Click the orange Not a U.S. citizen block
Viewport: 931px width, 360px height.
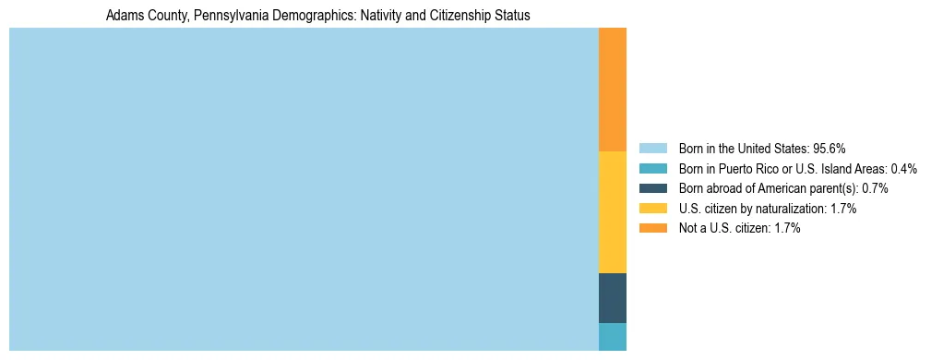click(x=613, y=90)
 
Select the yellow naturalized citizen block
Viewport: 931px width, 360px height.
click(x=613, y=212)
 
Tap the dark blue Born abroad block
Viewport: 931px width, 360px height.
click(x=613, y=298)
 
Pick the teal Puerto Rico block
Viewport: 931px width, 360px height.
click(x=613, y=337)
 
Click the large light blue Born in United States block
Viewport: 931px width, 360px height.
click(x=304, y=189)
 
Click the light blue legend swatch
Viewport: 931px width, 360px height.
click(x=652, y=149)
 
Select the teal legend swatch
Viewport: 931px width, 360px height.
click(x=652, y=169)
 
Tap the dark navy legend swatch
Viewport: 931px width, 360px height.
click(x=652, y=188)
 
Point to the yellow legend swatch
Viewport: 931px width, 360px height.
click(x=652, y=209)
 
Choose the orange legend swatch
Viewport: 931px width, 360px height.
click(x=652, y=228)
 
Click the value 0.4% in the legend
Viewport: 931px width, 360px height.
click(x=903, y=169)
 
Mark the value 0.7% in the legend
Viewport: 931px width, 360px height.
click(x=875, y=188)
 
